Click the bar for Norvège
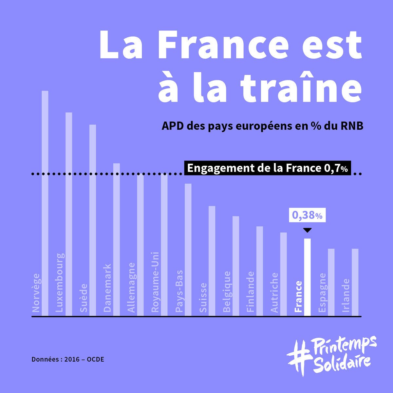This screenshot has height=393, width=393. point(45,203)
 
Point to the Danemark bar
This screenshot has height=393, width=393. point(117,239)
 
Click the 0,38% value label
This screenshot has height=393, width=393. point(307,215)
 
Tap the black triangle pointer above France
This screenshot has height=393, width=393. point(307,230)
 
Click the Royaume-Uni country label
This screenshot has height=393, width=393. point(155,282)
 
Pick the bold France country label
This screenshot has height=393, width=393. point(298,296)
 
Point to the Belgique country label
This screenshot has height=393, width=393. point(227,291)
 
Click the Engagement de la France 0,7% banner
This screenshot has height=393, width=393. point(267,168)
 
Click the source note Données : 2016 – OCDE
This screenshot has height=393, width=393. point(68,359)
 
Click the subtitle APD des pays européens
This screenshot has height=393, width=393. point(262,126)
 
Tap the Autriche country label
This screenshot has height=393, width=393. point(274,292)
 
